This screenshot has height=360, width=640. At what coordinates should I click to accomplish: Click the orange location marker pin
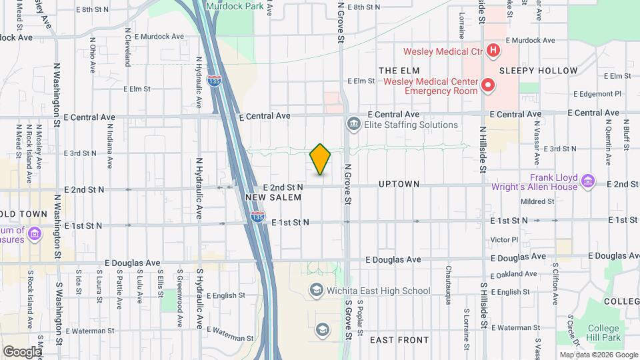coord(320,159)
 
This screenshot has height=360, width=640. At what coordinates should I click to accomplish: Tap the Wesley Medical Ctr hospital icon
coord(493,50)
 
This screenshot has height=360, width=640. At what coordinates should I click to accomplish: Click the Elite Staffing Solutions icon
coord(353,124)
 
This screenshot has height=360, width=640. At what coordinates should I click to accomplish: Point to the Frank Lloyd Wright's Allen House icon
coord(587,181)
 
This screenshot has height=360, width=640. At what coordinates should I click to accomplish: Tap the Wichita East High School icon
coord(316,290)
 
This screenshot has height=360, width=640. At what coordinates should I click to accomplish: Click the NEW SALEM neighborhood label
coord(273,197)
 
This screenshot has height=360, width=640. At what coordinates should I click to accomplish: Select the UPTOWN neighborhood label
coord(399,183)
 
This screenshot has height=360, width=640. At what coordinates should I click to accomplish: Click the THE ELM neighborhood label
coord(399,69)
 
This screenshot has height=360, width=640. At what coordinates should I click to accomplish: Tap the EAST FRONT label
coord(399,340)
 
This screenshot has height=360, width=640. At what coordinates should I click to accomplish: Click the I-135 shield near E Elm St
coord(214,81)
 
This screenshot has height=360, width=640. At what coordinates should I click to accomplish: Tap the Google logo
coord(21,351)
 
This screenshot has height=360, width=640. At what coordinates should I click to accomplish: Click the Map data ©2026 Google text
coord(598,355)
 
